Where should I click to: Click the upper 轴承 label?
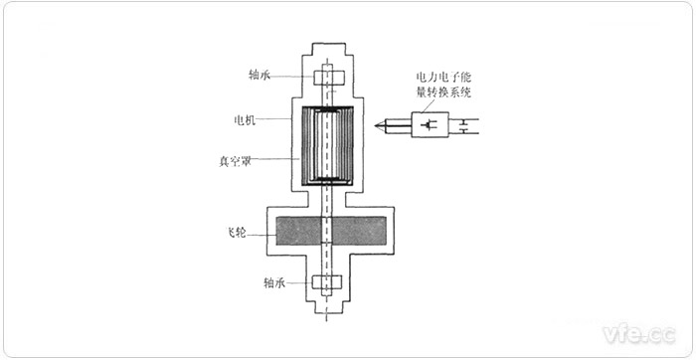coord(261,76)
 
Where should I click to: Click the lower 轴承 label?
coord(275,281)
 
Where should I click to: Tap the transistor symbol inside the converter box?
coord(431,125)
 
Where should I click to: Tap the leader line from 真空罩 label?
coord(277,156)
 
